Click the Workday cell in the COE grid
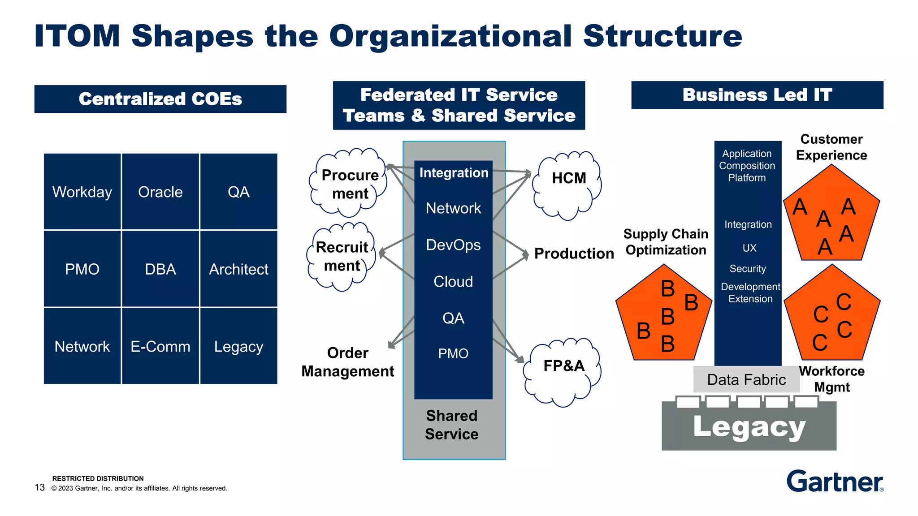coord(82,192)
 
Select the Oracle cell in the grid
coord(160,192)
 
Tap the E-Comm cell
coord(160,346)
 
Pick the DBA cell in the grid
coord(160,269)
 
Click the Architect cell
coord(238,269)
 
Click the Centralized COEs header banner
coord(160,99)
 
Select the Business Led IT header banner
coord(757,95)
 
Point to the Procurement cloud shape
coord(350,184)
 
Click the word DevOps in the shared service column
coord(453,245)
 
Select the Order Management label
coord(348,362)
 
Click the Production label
coord(574,254)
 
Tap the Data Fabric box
coord(746,379)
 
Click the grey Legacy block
coord(749,428)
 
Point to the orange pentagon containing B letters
coord(663,316)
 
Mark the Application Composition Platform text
coord(747,166)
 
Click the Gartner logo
coord(835,482)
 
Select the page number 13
coord(40,487)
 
